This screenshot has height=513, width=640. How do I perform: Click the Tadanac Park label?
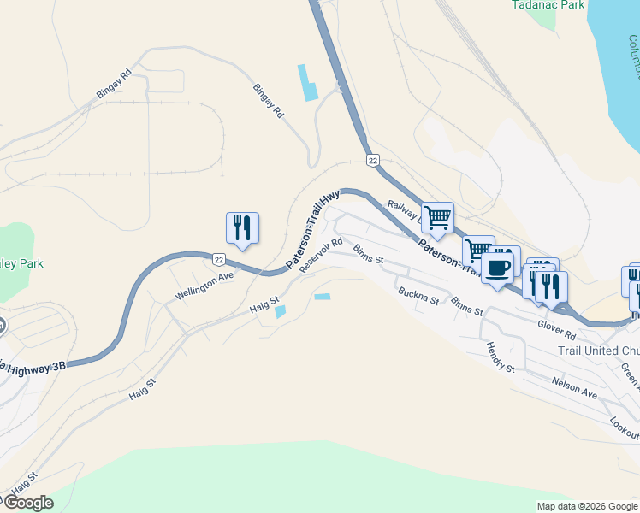click(x=548, y=5)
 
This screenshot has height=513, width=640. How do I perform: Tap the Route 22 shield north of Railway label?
click(x=372, y=160)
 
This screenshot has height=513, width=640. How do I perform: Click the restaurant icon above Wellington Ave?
click(x=242, y=227)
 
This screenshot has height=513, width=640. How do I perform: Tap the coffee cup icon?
click(x=497, y=268)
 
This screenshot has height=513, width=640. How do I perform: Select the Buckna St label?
click(x=418, y=296)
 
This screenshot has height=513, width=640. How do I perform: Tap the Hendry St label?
click(x=501, y=357)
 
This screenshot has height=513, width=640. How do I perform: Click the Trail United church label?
click(x=598, y=351)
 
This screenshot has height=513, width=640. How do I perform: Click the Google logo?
click(x=28, y=503)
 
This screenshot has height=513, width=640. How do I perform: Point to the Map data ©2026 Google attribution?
click(x=586, y=506)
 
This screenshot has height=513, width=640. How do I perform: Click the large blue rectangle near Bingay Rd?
click(x=306, y=83)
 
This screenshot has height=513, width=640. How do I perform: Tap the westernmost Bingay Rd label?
click(x=114, y=83)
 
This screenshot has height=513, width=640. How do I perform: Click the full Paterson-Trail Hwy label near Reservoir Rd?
click(x=314, y=231)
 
